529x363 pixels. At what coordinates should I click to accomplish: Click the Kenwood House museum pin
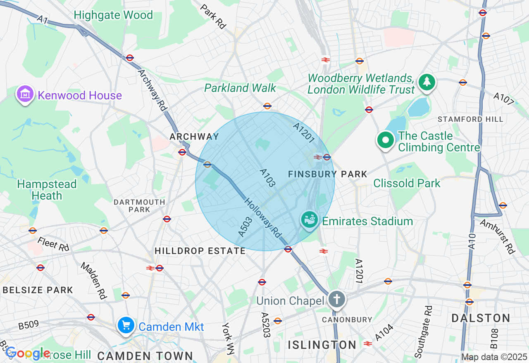point(26,94)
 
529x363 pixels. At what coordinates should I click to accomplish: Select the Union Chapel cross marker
point(337,299)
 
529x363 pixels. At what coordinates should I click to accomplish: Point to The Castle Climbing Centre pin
point(385,140)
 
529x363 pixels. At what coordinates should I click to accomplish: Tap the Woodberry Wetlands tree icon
point(427,82)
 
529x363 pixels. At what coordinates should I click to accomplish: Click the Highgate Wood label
point(113,15)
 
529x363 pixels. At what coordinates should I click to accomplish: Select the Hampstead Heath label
point(47,190)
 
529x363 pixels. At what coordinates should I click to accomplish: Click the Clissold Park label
point(407,183)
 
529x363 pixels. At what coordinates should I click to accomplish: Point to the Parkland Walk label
point(240,88)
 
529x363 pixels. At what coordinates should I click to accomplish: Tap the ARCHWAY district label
point(194,137)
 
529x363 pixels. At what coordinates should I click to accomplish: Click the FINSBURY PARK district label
point(328,174)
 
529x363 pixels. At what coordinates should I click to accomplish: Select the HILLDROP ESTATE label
point(200,251)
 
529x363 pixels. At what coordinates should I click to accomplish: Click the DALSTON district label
point(481,318)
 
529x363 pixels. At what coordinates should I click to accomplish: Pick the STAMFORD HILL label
point(470,119)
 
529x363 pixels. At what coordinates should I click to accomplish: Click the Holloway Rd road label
point(263,218)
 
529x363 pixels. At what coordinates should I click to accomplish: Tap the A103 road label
point(267,178)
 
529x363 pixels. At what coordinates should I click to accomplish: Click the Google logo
point(27,353)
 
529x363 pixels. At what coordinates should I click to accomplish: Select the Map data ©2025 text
point(494,357)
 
